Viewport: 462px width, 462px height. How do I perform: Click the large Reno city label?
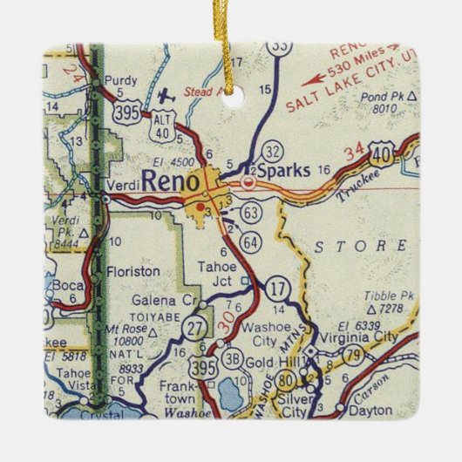[173, 181]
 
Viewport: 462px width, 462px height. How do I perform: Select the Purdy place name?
[121, 80]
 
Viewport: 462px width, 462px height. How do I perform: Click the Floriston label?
[132, 272]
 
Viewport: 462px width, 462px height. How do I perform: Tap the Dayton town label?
[370, 408]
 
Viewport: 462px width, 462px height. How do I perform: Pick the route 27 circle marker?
[196, 328]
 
